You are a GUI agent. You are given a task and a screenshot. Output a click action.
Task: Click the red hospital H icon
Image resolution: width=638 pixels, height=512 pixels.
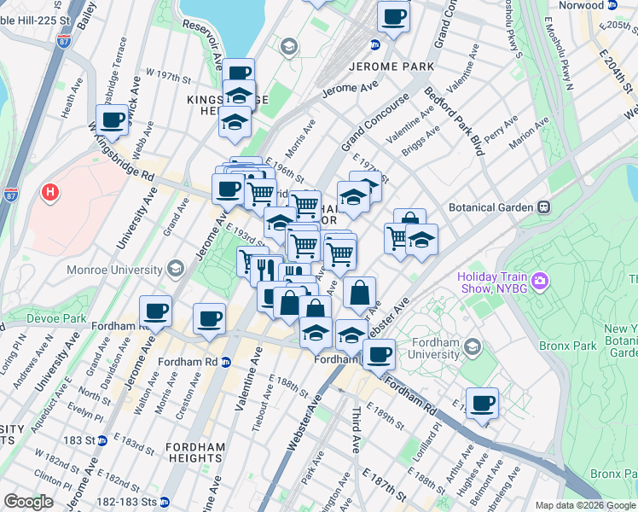coord(50,193)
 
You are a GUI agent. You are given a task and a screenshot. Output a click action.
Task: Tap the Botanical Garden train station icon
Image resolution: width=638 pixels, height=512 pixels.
coord(542,207)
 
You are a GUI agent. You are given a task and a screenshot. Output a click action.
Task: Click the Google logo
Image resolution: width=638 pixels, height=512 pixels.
coord(28,503)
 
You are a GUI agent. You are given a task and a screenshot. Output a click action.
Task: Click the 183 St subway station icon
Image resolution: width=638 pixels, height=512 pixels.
coord(101,440)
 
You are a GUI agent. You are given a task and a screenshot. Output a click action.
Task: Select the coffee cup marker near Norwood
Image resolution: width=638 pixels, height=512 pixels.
coord(394,17)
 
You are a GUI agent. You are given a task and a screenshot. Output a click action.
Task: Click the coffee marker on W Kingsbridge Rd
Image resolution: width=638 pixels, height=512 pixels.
coord(112,119)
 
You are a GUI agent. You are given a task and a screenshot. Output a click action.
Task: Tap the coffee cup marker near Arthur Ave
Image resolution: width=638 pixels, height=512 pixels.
coord(482,403)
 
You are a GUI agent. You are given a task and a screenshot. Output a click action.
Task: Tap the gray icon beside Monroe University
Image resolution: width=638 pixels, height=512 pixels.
coord(175,269)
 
